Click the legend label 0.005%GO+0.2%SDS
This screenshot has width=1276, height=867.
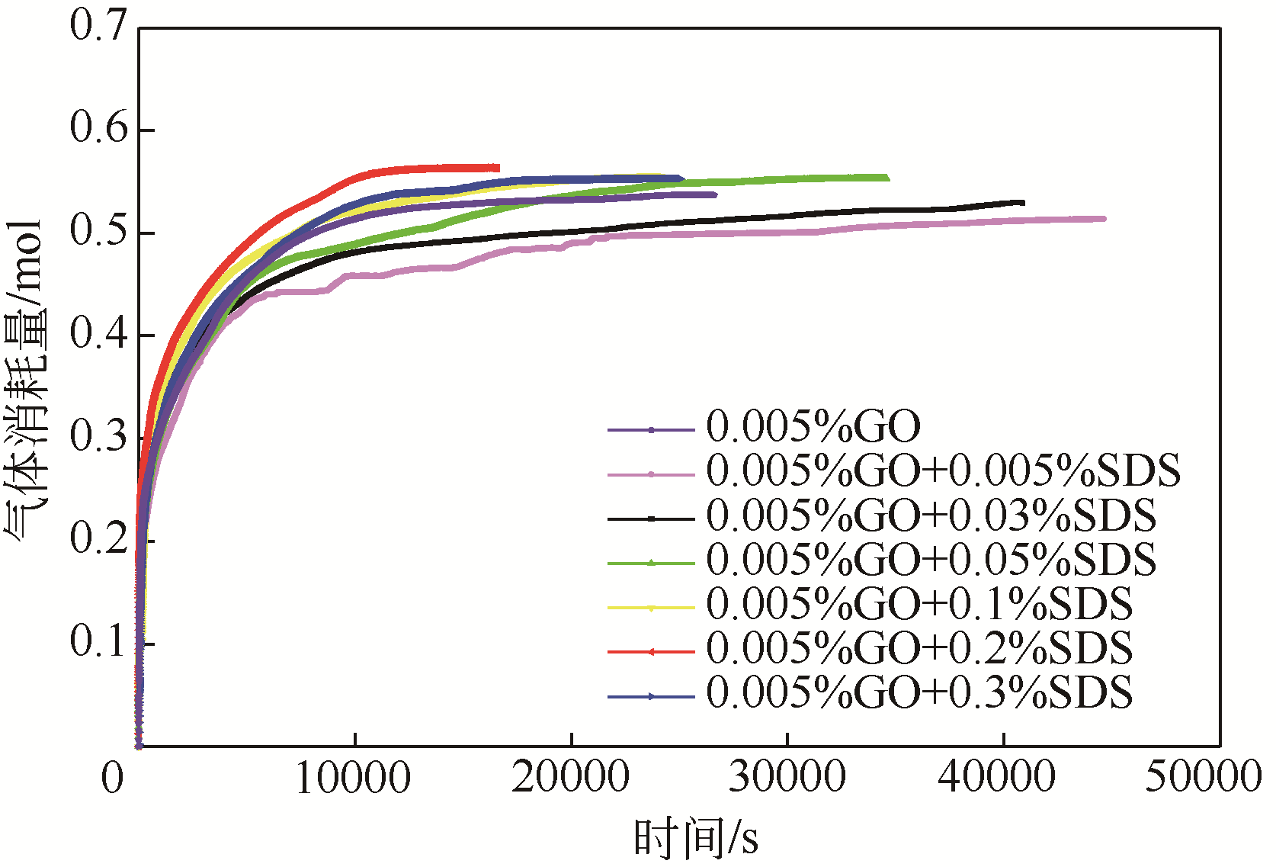pyautogui.click(x=919, y=649)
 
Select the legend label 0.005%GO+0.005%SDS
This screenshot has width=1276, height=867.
pyautogui.click(x=943, y=470)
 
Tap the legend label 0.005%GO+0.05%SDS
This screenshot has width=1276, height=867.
pyautogui.click(x=931, y=560)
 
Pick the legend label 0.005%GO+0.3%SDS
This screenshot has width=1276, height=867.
pyautogui.click(x=919, y=693)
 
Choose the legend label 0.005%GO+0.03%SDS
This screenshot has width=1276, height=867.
pyautogui.click(x=931, y=515)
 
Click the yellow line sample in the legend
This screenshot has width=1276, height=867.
pyautogui.click(x=651, y=608)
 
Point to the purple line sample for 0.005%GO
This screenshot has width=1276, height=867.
pyautogui.click(x=651, y=430)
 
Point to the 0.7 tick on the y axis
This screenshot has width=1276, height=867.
pyautogui.click(x=98, y=26)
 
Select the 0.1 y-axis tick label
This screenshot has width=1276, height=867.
pyautogui.click(x=98, y=642)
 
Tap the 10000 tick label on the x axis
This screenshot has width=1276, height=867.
pyautogui.click(x=354, y=779)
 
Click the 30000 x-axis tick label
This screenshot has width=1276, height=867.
pyautogui.click(x=787, y=779)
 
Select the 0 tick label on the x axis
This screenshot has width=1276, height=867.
pyautogui.click(x=113, y=779)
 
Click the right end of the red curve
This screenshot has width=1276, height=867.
pyautogui.click(x=499, y=168)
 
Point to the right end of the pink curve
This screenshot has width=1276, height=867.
pyautogui.click(x=1104, y=219)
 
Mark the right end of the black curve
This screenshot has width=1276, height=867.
pyautogui.click(x=1023, y=203)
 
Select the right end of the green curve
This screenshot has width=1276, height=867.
pyautogui.click(x=887, y=178)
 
